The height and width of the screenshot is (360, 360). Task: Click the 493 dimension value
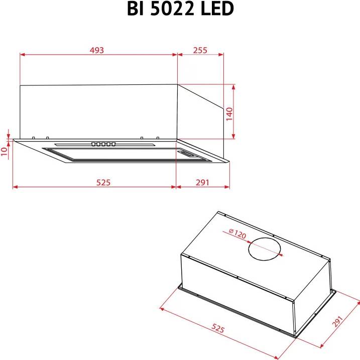point(97,50)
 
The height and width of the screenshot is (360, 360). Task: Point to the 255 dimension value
point(200,50)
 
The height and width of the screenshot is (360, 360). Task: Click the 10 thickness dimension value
point(5,151)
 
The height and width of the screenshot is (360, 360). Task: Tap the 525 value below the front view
point(103,182)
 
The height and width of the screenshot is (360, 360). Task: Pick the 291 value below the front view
point(201,182)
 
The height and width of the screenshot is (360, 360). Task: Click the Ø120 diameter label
point(237,234)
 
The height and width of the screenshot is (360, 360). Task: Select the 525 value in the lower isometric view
point(217,328)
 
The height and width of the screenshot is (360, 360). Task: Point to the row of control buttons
point(103,145)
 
